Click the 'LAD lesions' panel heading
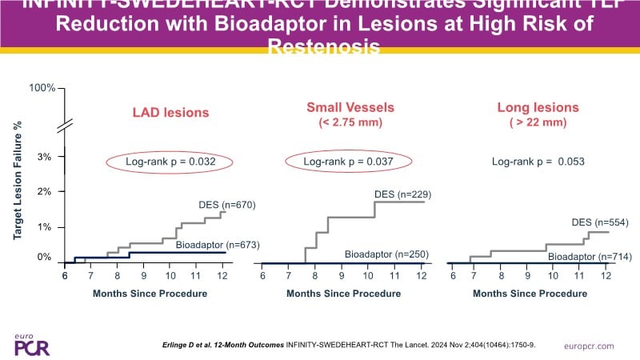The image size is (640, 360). click(x=170, y=113)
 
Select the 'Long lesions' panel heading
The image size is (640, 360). click(x=538, y=106)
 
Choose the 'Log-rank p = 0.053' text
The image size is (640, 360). click(x=538, y=162)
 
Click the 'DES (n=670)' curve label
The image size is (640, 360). click(x=227, y=204)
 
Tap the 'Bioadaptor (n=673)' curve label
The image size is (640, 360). click(x=217, y=243)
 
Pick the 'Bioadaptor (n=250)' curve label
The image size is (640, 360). click(x=387, y=254)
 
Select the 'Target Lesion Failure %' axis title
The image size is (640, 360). click(x=18, y=181)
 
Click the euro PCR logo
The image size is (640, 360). click(x=30, y=342)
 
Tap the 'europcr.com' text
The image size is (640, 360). click(x=589, y=345)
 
